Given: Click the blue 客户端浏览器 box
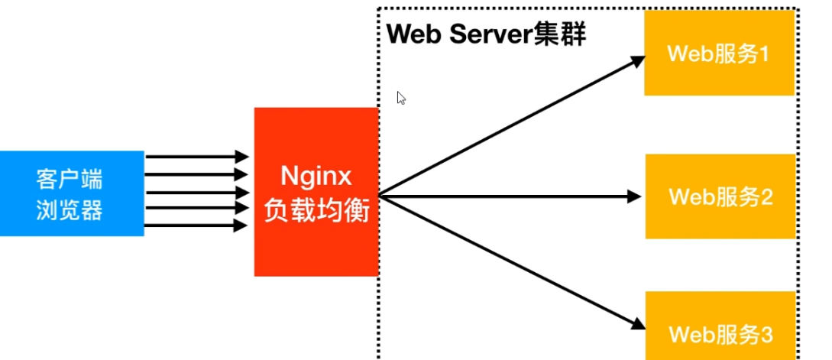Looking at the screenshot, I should coord(72,193).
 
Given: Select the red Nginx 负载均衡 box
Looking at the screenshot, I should coord(316,191).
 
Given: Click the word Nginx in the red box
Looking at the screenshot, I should coord(316,177).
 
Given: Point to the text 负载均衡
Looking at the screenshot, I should coord(316,210).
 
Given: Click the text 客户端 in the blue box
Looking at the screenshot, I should coord(69,180).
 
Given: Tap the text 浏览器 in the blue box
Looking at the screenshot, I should coord(69,210).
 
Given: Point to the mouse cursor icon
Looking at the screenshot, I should coord(401,98).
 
